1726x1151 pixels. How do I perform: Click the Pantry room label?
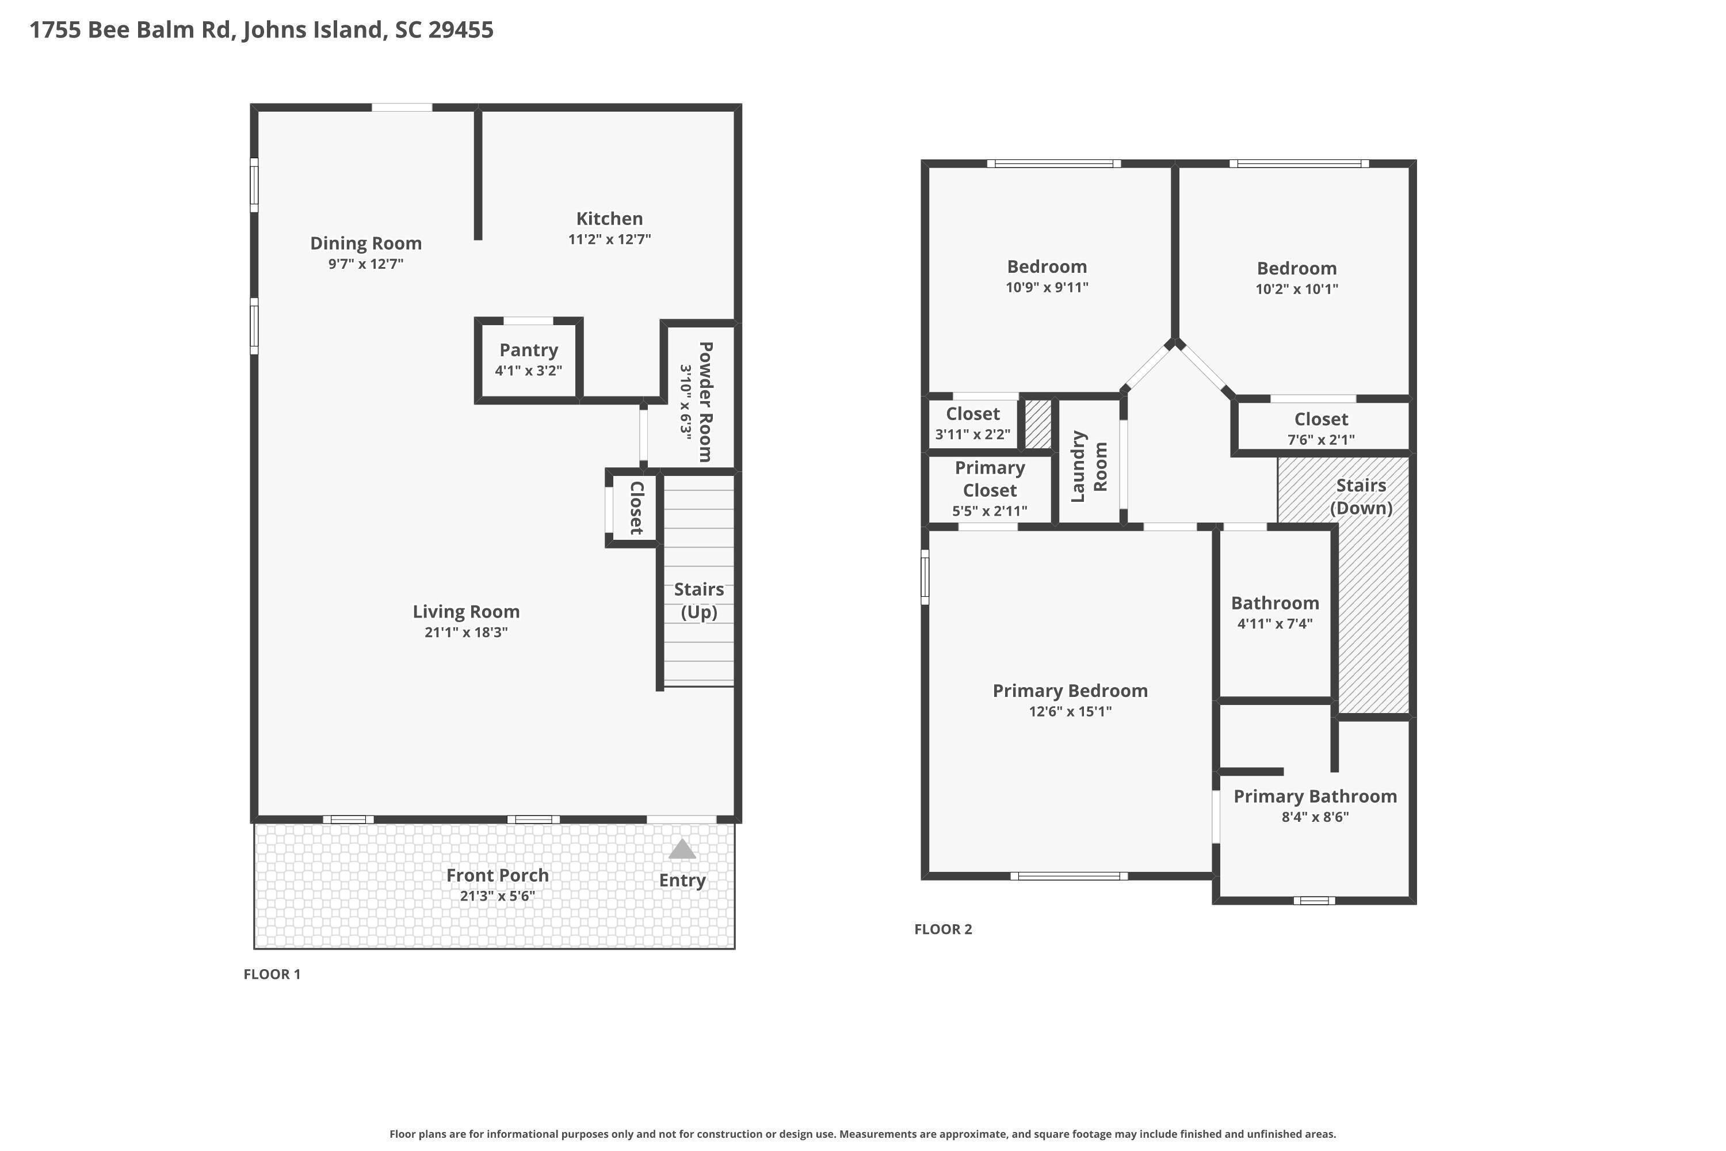coord(528,350)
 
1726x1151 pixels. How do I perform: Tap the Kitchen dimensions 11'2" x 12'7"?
coord(609,239)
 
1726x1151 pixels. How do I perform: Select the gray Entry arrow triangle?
coord(682,850)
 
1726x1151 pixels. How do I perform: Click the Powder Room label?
coord(704,402)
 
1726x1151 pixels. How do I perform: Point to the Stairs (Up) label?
coord(698,600)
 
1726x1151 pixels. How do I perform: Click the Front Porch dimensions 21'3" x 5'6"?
coord(497,896)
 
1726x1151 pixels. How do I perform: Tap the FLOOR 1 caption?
coord(272,974)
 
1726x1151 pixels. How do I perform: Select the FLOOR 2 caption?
coord(942,929)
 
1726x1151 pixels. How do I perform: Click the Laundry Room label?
coord(1089,466)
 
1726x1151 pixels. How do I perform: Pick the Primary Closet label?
coord(989,479)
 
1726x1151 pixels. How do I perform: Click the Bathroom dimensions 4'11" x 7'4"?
coord(1275,624)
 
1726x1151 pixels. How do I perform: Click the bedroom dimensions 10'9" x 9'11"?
coord(1047,288)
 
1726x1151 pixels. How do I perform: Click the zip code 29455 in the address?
coord(461,30)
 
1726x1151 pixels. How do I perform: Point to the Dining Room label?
coord(365,243)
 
